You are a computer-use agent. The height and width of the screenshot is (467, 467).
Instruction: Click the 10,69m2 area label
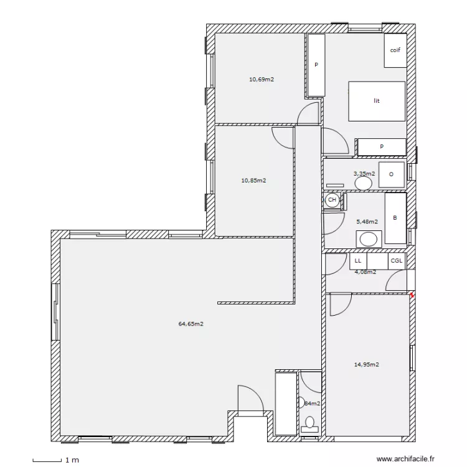point(262,79)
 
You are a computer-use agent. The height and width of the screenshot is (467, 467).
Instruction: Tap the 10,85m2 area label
point(253,181)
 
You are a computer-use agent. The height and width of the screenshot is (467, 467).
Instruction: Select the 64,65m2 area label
point(191,324)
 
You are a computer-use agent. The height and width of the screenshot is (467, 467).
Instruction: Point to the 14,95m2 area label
point(367,365)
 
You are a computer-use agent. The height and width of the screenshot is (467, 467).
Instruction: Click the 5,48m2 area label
point(366,220)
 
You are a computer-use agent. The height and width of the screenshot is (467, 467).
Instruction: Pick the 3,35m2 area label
point(364,174)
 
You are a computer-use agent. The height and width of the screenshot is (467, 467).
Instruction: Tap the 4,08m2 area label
point(365,271)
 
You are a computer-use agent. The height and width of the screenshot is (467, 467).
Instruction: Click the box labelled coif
point(395,50)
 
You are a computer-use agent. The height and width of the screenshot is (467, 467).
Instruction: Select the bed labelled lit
point(377,101)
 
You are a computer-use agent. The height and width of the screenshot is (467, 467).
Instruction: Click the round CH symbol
point(332,200)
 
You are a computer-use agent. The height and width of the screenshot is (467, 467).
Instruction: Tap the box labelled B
point(395,219)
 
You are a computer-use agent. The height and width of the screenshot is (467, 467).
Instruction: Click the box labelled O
point(392,174)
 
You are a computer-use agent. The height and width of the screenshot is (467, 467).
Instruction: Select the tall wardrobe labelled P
point(316,65)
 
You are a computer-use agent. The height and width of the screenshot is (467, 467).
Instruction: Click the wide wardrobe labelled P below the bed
point(381,147)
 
